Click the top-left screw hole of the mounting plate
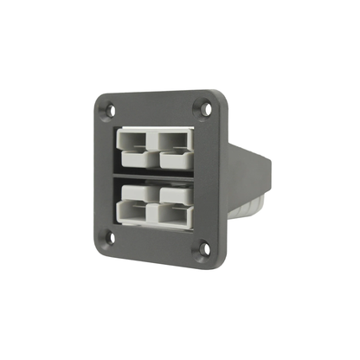pos(110,109)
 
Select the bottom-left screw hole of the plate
pos(112,235)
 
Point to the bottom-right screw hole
pos(204,249)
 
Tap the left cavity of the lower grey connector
pos(134,196)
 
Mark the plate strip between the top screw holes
pos(157,106)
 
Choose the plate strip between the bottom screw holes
pos(157,244)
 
